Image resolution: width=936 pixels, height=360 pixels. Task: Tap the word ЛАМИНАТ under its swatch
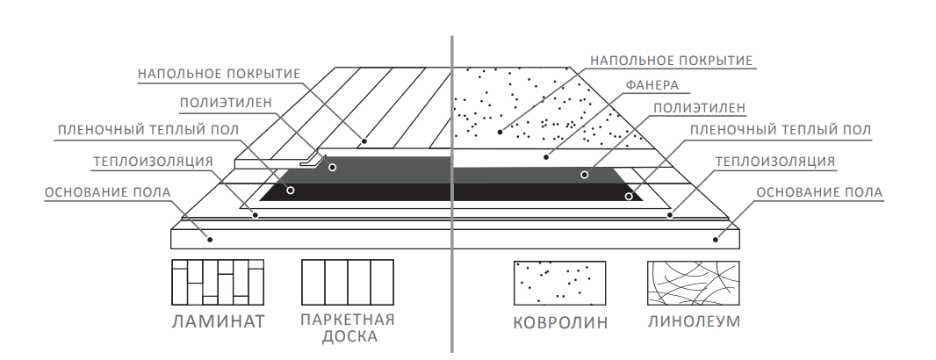(218, 320)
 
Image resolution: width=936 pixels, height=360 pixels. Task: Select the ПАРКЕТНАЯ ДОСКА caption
(347, 328)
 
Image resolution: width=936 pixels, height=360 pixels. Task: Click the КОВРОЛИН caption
(559, 321)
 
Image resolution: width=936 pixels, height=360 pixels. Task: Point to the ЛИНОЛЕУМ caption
(694, 320)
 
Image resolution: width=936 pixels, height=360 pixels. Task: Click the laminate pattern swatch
(218, 282)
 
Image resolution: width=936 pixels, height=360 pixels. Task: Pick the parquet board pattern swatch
(347, 282)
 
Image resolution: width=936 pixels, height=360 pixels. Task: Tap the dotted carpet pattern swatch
(559, 282)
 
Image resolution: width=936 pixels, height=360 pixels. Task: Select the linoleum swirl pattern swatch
(693, 282)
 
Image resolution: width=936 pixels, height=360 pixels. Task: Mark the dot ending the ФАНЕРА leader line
(545, 158)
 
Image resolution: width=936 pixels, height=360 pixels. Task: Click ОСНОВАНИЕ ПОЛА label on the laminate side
(107, 191)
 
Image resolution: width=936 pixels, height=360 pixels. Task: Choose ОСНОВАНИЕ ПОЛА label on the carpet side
(819, 191)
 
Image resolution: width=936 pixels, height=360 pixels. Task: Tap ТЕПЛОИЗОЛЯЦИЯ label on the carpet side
(774, 162)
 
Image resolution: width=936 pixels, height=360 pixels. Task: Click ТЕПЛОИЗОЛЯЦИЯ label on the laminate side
(153, 161)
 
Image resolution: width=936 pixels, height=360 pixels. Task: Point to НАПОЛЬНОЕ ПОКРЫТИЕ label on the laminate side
(220, 73)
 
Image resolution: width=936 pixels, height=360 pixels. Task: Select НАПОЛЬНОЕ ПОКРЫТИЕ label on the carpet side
(672, 61)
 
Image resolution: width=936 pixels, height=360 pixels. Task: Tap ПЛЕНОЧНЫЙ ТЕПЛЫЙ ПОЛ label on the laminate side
(148, 131)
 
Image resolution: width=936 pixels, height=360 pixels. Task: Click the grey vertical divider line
(451, 193)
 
